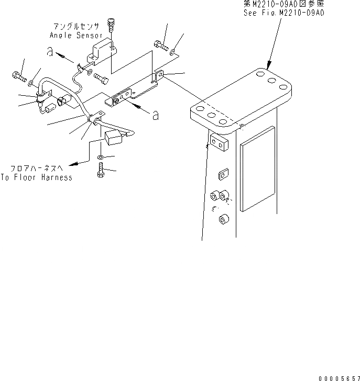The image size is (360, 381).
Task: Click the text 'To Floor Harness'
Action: pos(37,177)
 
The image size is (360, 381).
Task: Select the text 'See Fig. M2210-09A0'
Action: pos(283,13)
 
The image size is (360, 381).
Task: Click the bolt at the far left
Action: pos(18,77)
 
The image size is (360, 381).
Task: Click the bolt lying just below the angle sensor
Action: pos(102,78)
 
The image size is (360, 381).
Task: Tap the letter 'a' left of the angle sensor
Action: pos(49,52)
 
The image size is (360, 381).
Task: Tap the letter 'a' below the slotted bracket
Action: pos(155,115)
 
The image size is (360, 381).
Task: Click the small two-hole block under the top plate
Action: pos(220,142)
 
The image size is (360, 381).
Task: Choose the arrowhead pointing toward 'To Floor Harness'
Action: pos(73,163)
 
